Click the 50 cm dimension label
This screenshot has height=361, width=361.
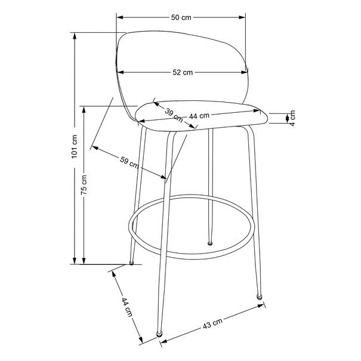pyautogui.click(x=181, y=17)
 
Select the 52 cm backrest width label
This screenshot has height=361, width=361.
pyautogui.click(x=183, y=72)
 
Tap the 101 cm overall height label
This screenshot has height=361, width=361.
pyautogui.click(x=75, y=146)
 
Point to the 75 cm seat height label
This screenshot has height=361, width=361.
pyautogui.click(x=84, y=184)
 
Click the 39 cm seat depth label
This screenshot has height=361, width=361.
pyautogui.click(x=174, y=115)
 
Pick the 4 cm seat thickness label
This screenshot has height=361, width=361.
pyautogui.click(x=292, y=118)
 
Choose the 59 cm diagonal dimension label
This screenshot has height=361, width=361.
pyautogui.click(x=129, y=162)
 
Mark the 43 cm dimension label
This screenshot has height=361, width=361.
pyautogui.click(x=213, y=323)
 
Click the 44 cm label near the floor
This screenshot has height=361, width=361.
pyautogui.click(x=127, y=307)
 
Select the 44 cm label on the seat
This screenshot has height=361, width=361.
pyautogui.click(x=199, y=116)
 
